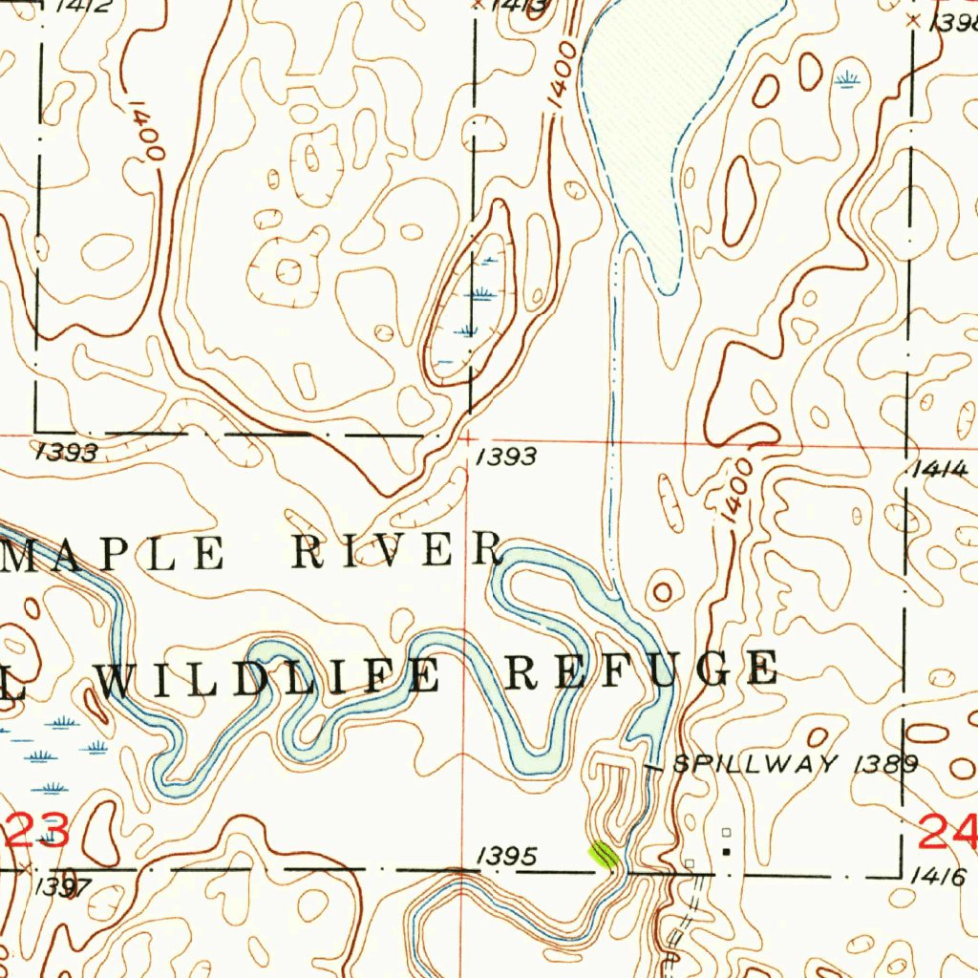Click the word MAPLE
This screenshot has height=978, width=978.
click(x=114, y=554)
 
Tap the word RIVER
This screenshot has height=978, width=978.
click(x=397, y=552)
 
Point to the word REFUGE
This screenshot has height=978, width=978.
click(x=640, y=670)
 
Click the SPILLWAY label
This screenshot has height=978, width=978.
click(x=755, y=764)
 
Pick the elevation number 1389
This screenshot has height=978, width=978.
click(x=887, y=764)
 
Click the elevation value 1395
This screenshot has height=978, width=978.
click(x=506, y=857)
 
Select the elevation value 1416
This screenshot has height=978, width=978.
click(x=940, y=875)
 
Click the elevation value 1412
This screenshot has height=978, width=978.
click(x=82, y=6)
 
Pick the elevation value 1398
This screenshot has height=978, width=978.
click(x=955, y=23)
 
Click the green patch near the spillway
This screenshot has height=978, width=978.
click(x=603, y=853)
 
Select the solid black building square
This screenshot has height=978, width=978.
click(x=726, y=850)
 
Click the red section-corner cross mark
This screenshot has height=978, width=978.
click(x=467, y=437)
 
